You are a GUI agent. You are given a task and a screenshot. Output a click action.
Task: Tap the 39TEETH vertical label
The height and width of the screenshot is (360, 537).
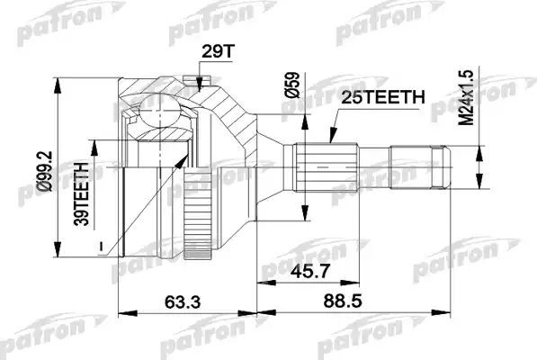pyautogui.click(x=82, y=194)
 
